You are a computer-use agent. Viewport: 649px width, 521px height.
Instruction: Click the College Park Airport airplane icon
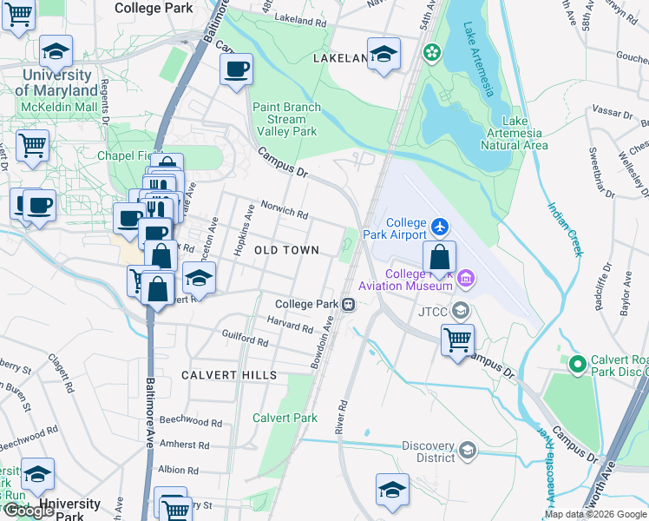[441, 227]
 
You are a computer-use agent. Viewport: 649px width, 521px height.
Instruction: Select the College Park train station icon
[348, 304]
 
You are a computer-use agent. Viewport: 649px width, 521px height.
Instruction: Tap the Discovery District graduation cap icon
[468, 449]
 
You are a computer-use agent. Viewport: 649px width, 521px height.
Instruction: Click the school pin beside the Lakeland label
[383, 55]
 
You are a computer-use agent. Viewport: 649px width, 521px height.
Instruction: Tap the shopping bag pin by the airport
[440, 257]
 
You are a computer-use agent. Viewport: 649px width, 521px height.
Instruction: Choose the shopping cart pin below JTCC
[457, 340]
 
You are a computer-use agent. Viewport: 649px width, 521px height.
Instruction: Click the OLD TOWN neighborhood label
[286, 250]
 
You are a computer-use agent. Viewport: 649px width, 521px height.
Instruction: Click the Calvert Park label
[285, 418]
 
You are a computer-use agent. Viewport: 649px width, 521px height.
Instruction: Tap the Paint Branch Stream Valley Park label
[286, 120]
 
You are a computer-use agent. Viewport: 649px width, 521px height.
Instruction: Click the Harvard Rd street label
[290, 327]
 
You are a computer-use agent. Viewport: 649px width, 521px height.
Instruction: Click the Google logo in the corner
[29, 511]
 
